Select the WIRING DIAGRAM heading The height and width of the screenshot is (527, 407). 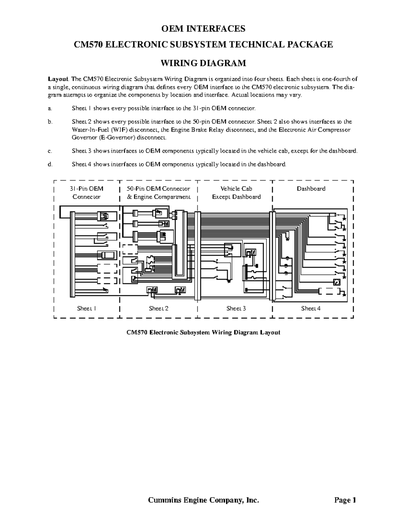(x=203, y=63)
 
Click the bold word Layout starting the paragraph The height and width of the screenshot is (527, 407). (x=58, y=79)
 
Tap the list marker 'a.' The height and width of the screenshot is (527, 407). (x=50, y=109)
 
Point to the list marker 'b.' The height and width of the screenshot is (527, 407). (x=50, y=122)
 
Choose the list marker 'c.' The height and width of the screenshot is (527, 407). (x=50, y=151)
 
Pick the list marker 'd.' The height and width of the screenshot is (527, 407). (x=50, y=165)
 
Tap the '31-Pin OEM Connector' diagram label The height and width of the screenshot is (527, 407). (x=86, y=193)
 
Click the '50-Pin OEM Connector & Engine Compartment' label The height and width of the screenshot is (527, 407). (x=158, y=193)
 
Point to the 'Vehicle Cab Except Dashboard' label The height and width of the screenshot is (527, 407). (x=236, y=193)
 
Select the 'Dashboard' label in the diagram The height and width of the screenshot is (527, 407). (x=311, y=189)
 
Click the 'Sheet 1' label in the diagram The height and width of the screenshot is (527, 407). (x=86, y=308)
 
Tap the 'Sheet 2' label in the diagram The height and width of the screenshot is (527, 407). (x=158, y=308)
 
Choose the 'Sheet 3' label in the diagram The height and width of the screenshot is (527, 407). (x=236, y=308)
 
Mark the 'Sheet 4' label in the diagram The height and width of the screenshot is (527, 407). (x=311, y=308)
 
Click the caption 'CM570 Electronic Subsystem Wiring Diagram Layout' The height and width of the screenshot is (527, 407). (x=203, y=333)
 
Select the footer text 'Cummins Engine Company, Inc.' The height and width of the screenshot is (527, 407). (x=203, y=500)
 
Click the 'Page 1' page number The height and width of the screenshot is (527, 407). (x=345, y=500)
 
